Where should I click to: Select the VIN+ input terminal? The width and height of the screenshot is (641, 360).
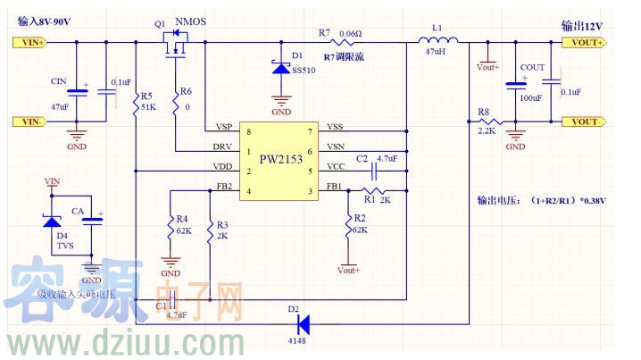pyautogui.click(x=29, y=42)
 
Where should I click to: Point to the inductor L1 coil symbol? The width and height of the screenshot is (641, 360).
pyautogui.click(x=437, y=40)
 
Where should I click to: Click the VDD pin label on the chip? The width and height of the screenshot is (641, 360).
pyautogui.click(x=223, y=166)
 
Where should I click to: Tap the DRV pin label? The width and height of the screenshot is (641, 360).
pyautogui.click(x=223, y=147)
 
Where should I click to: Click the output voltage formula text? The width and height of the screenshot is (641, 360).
pyautogui.click(x=541, y=200)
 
